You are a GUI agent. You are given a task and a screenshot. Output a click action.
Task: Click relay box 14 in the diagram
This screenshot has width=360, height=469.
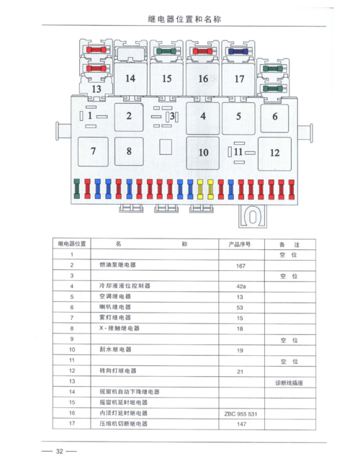point(130,79)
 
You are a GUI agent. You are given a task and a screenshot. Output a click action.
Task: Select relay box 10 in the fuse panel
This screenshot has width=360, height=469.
point(203,152)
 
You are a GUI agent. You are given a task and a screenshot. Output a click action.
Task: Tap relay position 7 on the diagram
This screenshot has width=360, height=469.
point(93,151)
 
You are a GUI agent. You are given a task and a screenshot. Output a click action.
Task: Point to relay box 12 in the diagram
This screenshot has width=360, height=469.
point(274,152)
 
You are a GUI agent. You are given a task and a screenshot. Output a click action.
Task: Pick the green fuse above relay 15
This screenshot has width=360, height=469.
point(166,52)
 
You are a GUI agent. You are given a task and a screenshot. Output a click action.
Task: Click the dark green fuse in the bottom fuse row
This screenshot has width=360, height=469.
point(77,189)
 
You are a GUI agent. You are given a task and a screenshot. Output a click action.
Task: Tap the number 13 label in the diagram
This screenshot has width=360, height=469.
point(96,88)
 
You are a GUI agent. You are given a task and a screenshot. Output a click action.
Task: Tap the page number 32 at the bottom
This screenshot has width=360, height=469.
point(60,452)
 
